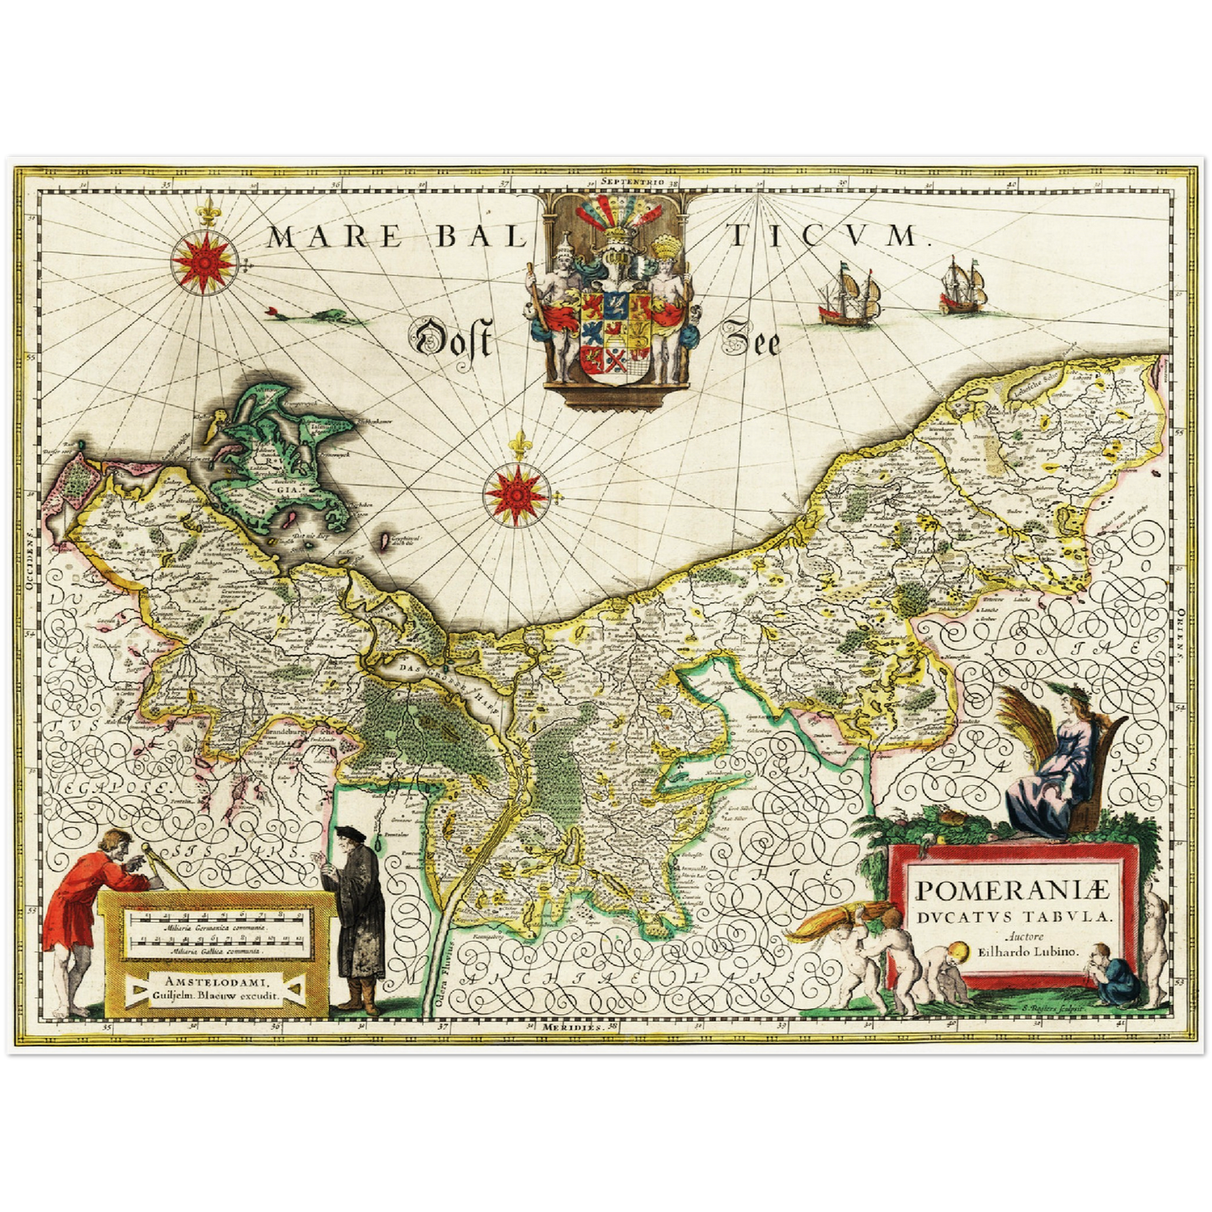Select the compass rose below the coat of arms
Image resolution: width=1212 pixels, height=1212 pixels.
[x=517, y=493]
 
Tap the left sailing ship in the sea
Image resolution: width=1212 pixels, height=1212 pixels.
[x=850, y=297]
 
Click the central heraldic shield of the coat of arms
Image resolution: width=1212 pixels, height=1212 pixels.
[x=614, y=331]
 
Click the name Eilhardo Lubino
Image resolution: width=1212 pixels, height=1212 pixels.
[x=1028, y=952]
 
